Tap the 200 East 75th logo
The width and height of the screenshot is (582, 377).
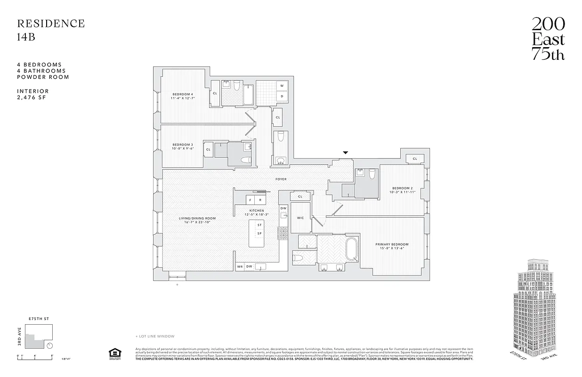[x=548, y=39]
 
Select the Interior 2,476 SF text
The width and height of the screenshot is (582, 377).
[x=33, y=94]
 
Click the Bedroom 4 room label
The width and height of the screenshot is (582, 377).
[x=183, y=96]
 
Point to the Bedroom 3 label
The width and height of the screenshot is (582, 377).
[x=183, y=147]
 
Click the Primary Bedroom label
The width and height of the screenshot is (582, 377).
[x=392, y=246]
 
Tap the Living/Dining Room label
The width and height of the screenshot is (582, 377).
[x=197, y=220]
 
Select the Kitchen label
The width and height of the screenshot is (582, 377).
[x=257, y=212]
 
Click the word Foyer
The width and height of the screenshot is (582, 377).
[x=281, y=179]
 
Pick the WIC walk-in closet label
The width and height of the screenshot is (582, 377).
[x=300, y=218]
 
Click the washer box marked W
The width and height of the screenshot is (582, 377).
[x=282, y=86]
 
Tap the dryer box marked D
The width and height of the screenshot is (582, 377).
[x=282, y=96]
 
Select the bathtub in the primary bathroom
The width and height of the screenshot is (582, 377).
[x=351, y=249]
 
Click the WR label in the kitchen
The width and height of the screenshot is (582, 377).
[x=240, y=267]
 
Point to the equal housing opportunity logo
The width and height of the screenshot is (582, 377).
[x=113, y=354]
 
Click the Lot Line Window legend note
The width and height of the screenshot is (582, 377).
[x=155, y=336]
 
